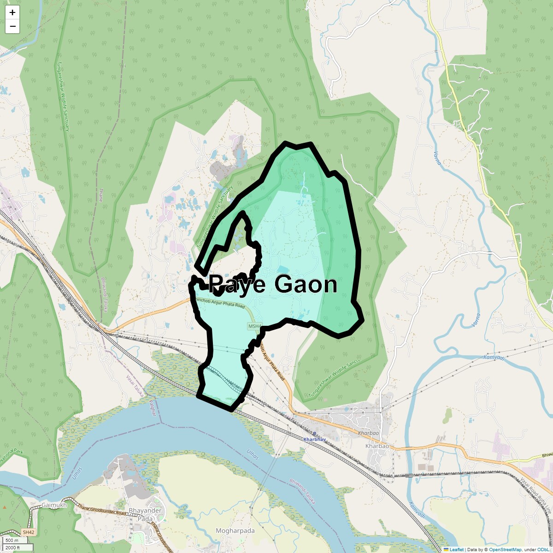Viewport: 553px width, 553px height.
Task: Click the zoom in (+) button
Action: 12,12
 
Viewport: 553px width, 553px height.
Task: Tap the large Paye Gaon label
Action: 273,284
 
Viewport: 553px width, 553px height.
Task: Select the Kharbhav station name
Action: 314,440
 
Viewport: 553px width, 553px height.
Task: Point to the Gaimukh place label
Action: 54,505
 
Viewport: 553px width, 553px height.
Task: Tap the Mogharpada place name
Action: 235,531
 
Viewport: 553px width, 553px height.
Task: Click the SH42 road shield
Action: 28,532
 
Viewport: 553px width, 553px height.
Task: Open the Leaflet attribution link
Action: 456,549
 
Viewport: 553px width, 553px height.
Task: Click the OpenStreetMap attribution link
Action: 505,549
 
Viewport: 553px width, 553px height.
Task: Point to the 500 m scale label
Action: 12,541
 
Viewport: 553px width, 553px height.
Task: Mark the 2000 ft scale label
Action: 12,547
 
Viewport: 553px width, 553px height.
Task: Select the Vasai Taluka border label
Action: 135,386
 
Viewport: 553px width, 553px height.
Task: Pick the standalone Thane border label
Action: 100,195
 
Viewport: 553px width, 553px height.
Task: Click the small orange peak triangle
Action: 4,507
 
